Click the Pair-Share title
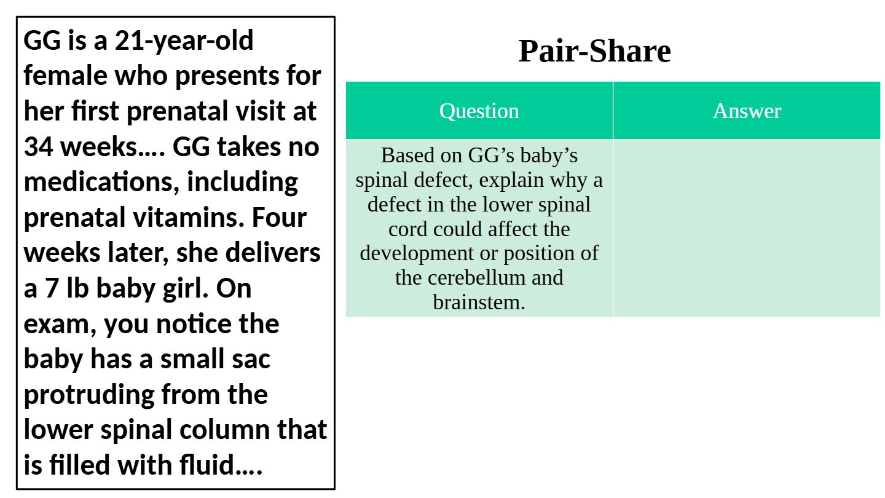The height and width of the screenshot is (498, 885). pyautogui.click(x=594, y=51)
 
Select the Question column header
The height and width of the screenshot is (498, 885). pyautogui.click(x=479, y=111)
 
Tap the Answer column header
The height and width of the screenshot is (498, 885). pyautogui.click(x=746, y=111)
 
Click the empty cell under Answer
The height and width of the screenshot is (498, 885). pyautogui.click(x=746, y=228)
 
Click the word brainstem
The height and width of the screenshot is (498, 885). pyautogui.click(x=478, y=302)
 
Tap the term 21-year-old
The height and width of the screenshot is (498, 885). pyautogui.click(x=184, y=41)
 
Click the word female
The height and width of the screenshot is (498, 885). pyautogui.click(x=65, y=76)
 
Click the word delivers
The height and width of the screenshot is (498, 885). pyautogui.click(x=273, y=253)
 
